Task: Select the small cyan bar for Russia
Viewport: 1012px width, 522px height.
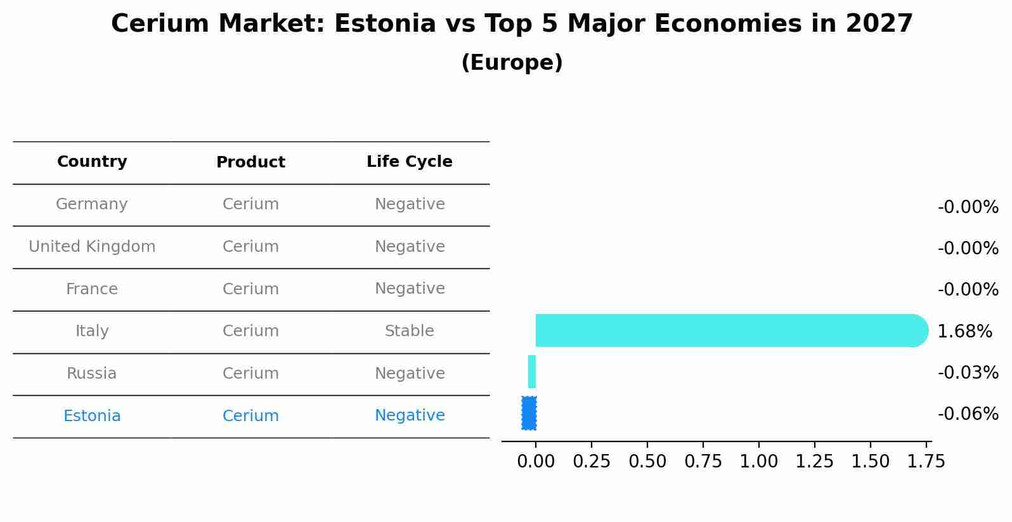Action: [x=532, y=372]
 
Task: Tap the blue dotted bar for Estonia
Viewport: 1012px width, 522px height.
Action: [x=529, y=413]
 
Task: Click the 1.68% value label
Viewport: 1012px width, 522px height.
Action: [x=964, y=332]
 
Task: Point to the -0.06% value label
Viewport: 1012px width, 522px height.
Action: [x=968, y=414]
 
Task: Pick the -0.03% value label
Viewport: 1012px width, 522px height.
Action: [x=968, y=373]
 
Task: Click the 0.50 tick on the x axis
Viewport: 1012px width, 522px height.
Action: [x=647, y=461]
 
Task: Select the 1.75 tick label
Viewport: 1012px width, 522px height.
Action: [x=926, y=461]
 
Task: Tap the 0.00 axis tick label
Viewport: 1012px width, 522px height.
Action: [x=536, y=461]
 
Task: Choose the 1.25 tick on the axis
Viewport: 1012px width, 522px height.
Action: [x=814, y=461]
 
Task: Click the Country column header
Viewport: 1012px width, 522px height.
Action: [x=92, y=162]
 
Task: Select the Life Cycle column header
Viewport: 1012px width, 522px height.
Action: [x=410, y=162]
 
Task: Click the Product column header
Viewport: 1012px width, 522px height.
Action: [x=250, y=162]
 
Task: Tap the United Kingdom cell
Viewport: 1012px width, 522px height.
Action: [x=92, y=247]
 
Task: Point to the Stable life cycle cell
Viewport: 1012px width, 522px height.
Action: [x=410, y=331]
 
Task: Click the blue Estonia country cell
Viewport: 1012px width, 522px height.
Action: [x=92, y=416]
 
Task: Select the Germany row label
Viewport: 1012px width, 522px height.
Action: [x=92, y=204]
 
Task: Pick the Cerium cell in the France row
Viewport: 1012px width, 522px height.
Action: [x=250, y=289]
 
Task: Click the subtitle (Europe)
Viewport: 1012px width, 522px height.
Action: [x=512, y=63]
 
